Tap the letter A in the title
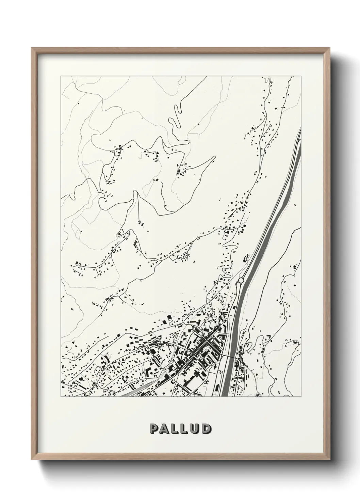[x=164, y=429]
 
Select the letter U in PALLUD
[x=194, y=429]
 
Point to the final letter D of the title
[x=205, y=429]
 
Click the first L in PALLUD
[x=175, y=429]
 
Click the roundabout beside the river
[x=241, y=280]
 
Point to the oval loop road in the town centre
[x=197, y=329]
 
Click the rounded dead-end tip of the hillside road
[x=214, y=157]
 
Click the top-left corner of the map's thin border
[x=61, y=76]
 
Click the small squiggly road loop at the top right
[x=266, y=82]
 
